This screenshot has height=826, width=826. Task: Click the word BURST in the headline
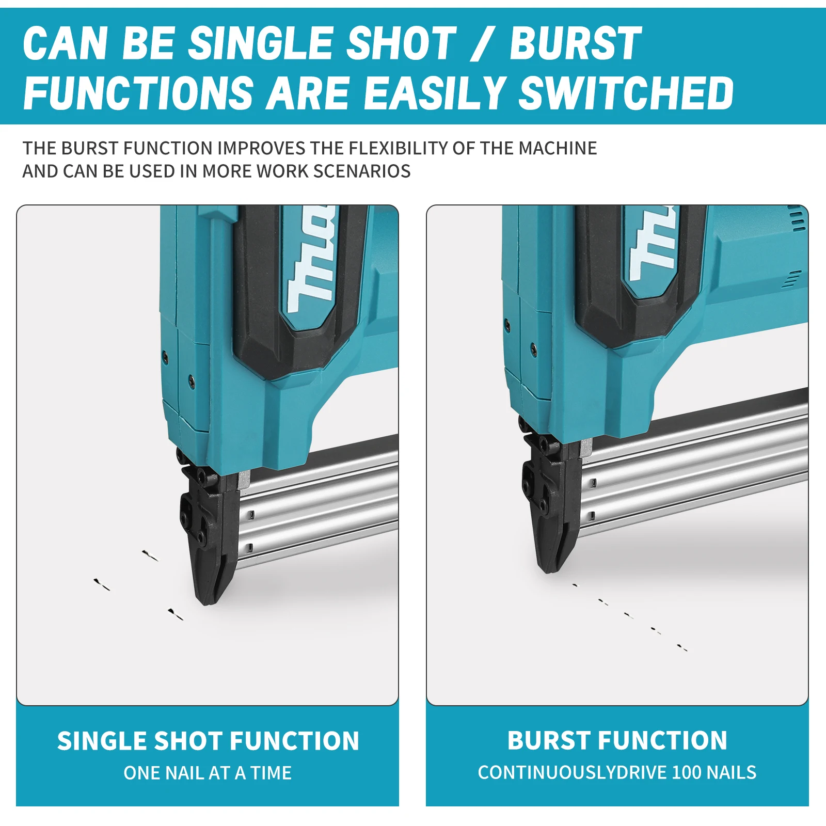575,44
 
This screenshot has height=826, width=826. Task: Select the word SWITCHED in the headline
626,93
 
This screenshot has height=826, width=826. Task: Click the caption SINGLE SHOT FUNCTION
208,741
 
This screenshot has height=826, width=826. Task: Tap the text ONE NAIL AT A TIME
208,773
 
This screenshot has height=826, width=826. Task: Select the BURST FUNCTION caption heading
617,741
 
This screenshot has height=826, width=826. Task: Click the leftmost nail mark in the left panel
102,585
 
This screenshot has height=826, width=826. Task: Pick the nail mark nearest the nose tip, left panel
176,614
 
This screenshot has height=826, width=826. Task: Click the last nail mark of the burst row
682,647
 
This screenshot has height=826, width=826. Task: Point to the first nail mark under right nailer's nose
576,585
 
